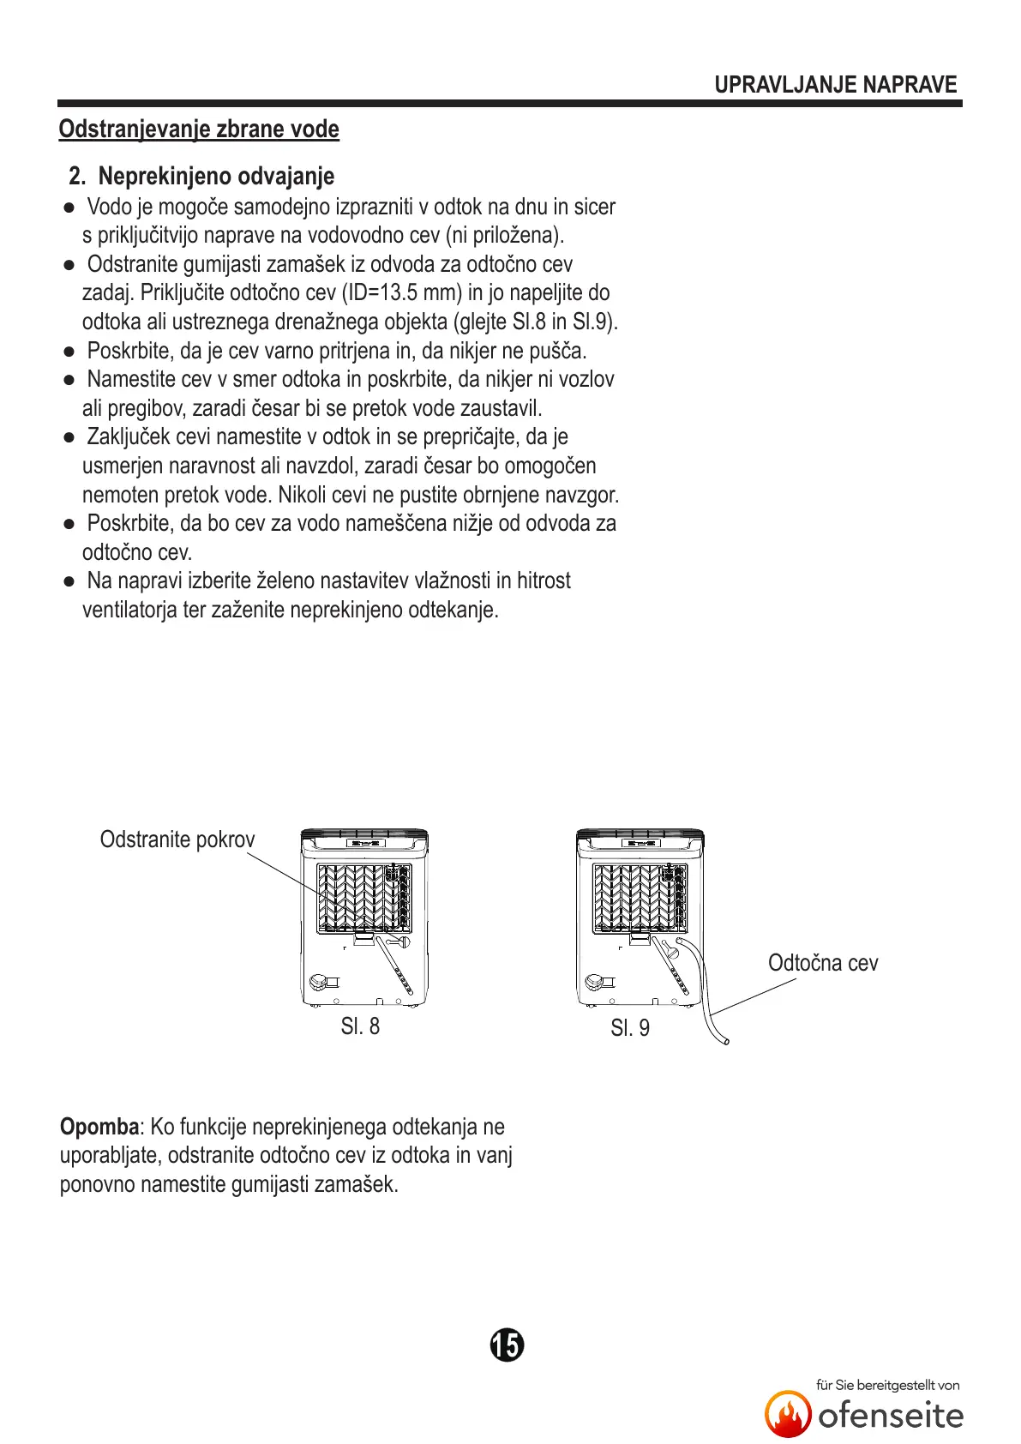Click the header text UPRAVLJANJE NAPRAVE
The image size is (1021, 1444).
[835, 85]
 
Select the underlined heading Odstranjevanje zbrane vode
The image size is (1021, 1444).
[199, 129]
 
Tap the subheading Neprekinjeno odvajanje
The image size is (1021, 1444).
[216, 177]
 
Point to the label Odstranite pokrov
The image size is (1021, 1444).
[177, 839]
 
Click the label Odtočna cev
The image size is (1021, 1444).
[823, 963]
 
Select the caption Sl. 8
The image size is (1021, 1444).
[360, 1026]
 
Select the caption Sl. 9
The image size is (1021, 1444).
[630, 1028]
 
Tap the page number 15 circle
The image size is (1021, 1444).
[507, 1345]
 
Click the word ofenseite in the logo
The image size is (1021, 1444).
[891, 1416]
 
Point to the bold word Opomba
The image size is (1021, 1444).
[99, 1127]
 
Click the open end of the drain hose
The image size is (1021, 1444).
[725, 1041]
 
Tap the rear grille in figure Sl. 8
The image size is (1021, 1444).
[364, 898]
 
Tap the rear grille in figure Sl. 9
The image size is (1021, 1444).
[640, 898]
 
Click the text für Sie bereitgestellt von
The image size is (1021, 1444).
[887, 1385]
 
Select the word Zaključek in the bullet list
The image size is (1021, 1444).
[127, 437]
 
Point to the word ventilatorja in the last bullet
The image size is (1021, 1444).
[129, 611]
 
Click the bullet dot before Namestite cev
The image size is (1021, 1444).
[69, 380]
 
